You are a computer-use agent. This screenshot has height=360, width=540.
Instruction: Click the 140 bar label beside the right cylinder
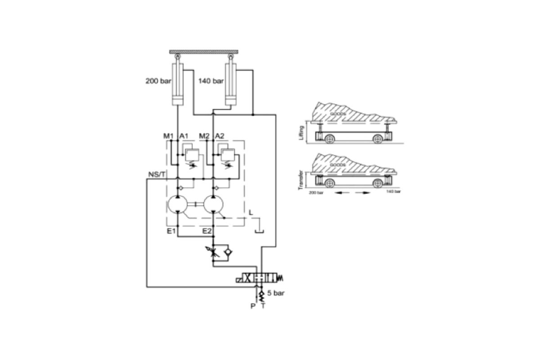[211, 81]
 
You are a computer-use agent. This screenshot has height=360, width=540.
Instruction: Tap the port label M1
[168, 135]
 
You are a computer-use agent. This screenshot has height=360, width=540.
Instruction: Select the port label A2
[220, 135]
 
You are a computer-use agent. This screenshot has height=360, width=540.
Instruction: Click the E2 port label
[207, 231]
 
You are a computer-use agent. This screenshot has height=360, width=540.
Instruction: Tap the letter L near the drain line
[251, 211]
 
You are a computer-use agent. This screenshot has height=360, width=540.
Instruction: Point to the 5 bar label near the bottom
[275, 292]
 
